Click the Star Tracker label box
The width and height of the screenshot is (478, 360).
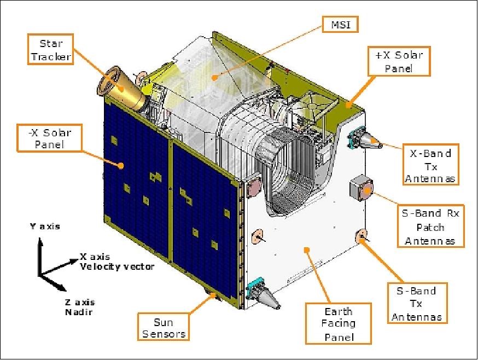click(51, 49)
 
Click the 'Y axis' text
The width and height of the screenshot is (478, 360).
click(45, 226)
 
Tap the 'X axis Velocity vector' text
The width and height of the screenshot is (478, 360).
click(116, 261)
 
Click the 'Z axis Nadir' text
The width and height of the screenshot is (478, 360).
click(77, 307)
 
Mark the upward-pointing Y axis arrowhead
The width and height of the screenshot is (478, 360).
click(38, 243)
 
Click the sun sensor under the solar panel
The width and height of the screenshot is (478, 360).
click(212, 296)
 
